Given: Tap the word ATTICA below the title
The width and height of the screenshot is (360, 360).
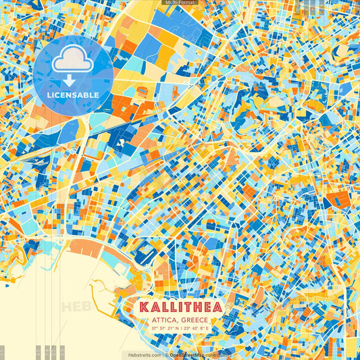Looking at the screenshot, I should (166, 319).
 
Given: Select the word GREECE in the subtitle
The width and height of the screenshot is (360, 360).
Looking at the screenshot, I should (194, 319).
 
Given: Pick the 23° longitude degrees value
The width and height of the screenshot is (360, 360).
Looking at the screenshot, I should (186, 328).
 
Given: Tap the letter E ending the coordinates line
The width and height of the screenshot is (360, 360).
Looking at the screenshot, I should (207, 328).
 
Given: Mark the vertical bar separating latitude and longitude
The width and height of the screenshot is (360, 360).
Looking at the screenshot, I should (180, 328).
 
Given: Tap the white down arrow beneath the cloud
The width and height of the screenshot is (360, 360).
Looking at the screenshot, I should (72, 80).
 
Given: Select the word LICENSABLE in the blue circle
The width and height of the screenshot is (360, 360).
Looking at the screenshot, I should (72, 94).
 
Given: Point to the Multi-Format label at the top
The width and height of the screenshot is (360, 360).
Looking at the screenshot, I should (180, 3).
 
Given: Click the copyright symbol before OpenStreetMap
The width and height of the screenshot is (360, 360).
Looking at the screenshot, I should (166, 355).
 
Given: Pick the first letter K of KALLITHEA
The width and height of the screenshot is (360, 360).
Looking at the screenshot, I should (144, 307).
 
